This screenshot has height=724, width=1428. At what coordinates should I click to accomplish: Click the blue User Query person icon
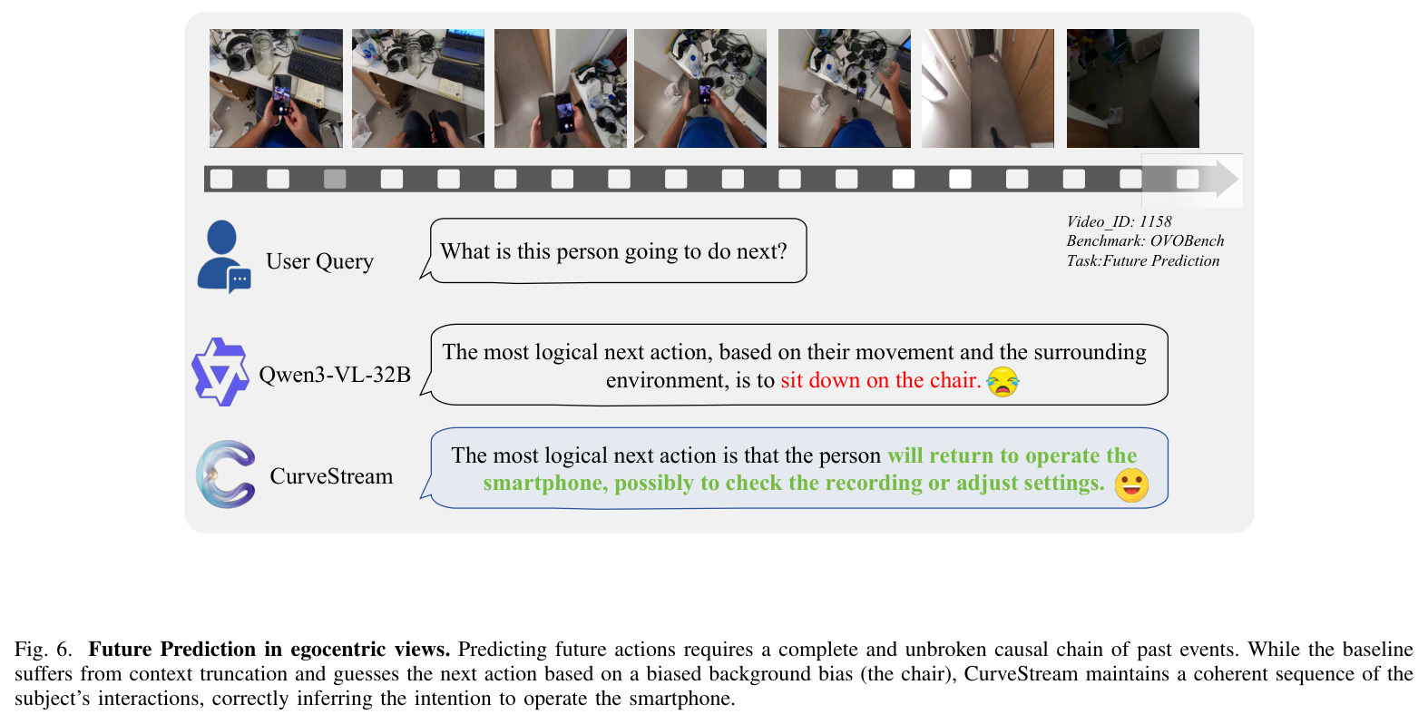tap(222, 256)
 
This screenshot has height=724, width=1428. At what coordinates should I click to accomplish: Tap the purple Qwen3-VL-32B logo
tap(220, 372)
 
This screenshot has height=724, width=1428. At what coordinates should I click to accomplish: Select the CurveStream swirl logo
tap(226, 475)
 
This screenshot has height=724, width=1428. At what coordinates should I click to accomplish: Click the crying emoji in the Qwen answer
tap(1003, 381)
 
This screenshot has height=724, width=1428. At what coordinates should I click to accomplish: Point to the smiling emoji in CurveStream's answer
tap(1131, 485)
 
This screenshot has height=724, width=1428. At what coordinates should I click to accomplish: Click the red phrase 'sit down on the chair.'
tap(880, 380)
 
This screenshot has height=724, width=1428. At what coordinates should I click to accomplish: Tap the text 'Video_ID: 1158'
tap(1119, 221)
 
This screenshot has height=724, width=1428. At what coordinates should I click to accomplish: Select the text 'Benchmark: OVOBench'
tap(1145, 241)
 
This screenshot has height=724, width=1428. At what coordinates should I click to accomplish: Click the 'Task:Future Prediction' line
tap(1142, 260)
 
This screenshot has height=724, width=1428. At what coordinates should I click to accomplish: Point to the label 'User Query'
tap(319, 261)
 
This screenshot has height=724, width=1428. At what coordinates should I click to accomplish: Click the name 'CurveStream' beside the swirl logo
tap(331, 476)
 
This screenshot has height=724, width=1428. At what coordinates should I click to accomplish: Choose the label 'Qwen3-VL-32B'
tap(335, 374)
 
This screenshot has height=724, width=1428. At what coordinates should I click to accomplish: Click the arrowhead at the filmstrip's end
tap(1227, 179)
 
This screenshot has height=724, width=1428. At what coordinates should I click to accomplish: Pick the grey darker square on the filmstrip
tap(335, 179)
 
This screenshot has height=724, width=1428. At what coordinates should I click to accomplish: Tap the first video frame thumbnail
tap(276, 88)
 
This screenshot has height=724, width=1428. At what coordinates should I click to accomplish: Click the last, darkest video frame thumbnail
tap(1133, 88)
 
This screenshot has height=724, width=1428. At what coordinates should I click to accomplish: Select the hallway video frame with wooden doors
tap(987, 88)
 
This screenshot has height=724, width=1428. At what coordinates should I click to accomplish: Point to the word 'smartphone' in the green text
tap(542, 484)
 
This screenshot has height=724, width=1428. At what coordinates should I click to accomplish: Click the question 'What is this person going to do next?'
tap(614, 251)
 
